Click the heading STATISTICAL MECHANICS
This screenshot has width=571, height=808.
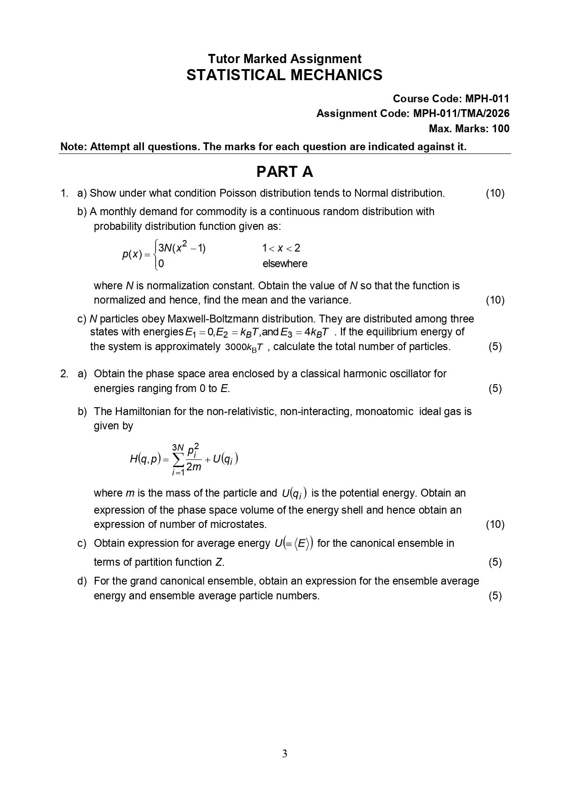tap(284, 75)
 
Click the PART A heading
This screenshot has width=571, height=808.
tap(284, 172)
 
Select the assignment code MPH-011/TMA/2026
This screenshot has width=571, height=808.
tap(461, 113)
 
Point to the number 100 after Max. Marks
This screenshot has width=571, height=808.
tap(501, 129)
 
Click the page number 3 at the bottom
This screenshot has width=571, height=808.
tap(285, 754)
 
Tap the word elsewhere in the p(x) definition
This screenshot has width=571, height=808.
tap(285, 263)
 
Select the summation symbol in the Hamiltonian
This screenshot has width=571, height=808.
tap(178, 459)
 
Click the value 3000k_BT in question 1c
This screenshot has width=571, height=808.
tap(244, 347)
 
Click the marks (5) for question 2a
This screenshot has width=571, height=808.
tap(495, 388)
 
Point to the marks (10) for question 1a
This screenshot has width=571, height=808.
tap(495, 193)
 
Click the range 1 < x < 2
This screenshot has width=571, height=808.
tap(281, 248)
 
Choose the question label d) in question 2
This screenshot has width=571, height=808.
tap(82, 581)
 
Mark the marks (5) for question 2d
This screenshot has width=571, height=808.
tap(495, 596)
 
